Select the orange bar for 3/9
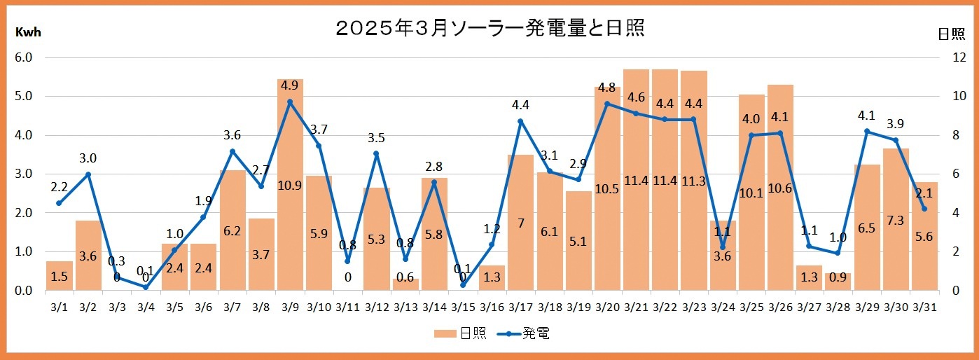click(290, 210)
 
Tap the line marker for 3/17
click(520, 121)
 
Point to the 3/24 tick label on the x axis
click(723, 306)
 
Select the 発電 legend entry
click(524, 333)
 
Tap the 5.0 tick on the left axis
click(25, 97)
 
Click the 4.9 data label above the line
click(290, 86)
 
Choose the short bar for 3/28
click(838, 282)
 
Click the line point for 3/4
click(146, 287)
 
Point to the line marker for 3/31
click(924, 209)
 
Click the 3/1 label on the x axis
click(59, 306)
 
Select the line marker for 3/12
click(376, 154)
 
